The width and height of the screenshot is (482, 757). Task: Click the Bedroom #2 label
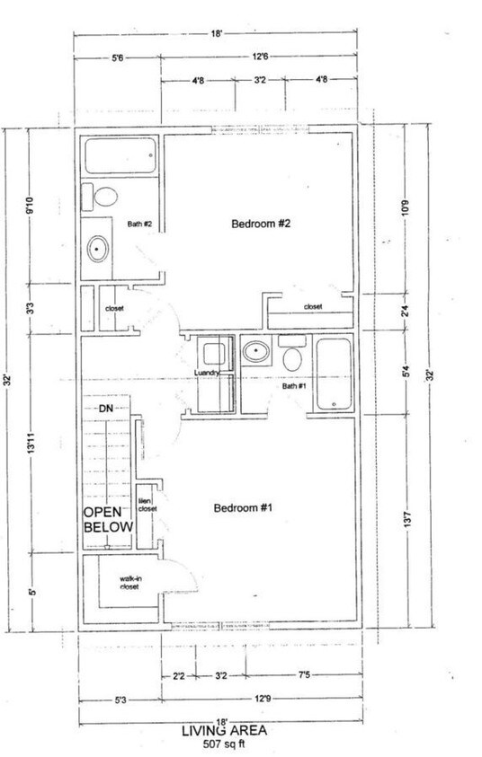pos(260,224)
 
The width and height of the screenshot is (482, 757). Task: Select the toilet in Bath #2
pos(105,197)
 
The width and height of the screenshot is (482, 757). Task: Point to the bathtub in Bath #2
pos(120,160)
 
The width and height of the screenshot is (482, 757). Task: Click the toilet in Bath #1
pos(292,357)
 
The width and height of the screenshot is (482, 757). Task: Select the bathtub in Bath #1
pos(334,376)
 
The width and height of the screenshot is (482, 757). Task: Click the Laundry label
pos(207,374)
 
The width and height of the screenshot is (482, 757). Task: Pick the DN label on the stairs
pos(105,409)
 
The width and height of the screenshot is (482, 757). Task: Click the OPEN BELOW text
pos(108,519)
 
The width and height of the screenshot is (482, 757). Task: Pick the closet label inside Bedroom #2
pos(312,307)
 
